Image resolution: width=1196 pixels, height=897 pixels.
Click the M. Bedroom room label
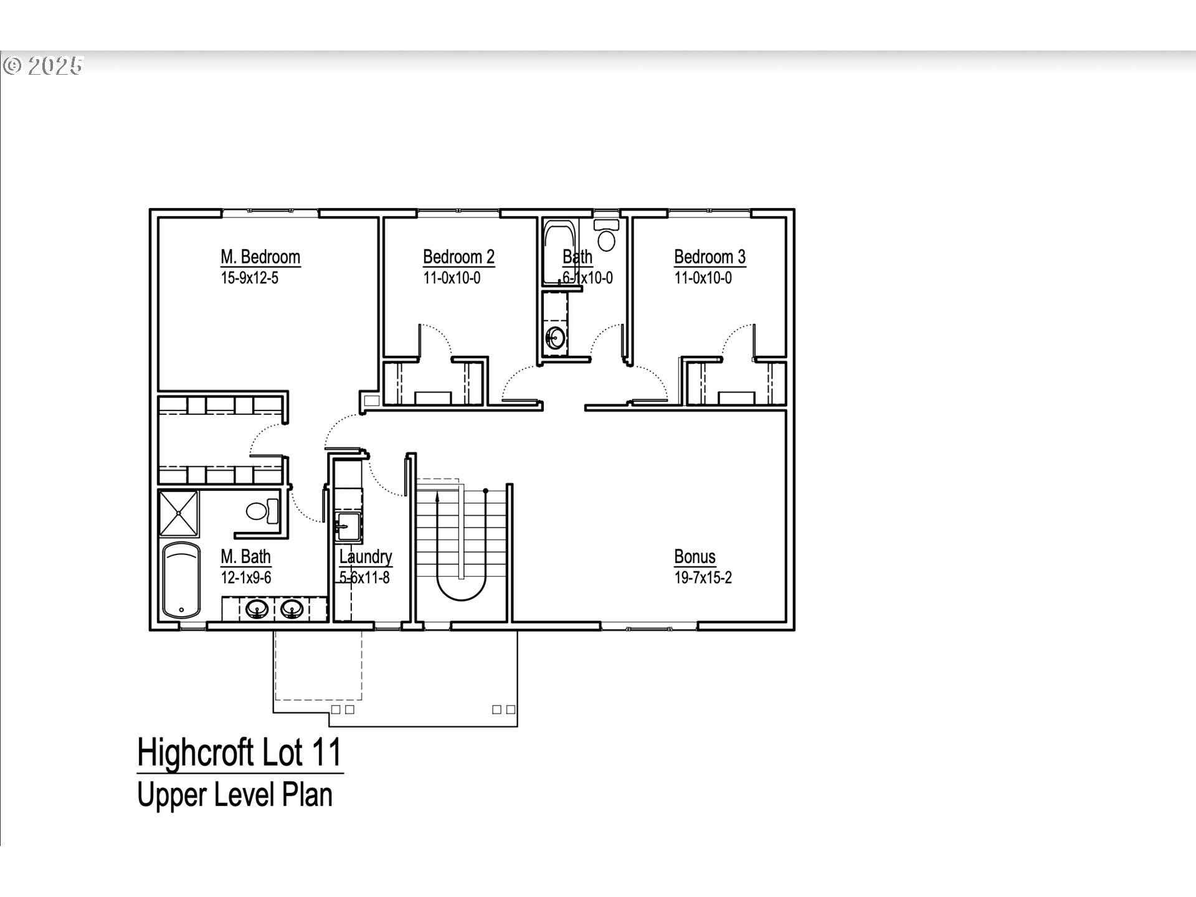[x=260, y=257]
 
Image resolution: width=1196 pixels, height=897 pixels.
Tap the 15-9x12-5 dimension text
[x=249, y=278]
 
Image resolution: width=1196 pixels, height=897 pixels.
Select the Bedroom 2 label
[x=458, y=257]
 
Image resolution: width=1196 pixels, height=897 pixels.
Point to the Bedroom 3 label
[x=710, y=257]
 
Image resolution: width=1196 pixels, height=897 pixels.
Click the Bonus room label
[x=695, y=557]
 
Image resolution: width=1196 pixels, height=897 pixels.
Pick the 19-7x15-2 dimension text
[x=703, y=578]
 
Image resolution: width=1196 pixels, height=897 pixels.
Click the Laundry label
[x=366, y=557]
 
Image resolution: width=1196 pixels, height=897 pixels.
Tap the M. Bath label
[x=245, y=557]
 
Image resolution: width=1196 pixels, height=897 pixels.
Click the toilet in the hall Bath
[x=606, y=237]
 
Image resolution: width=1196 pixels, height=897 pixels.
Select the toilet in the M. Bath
[x=262, y=511]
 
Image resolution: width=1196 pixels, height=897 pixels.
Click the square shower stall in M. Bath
[x=179, y=513]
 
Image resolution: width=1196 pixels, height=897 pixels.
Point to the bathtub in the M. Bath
[x=181, y=580]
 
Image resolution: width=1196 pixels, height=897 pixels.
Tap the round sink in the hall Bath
[x=555, y=339]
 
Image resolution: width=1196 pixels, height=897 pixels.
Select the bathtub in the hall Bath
[x=559, y=249]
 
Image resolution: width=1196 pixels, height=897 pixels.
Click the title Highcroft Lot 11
[x=240, y=752]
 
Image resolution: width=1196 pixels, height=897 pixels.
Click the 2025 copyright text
[x=44, y=65]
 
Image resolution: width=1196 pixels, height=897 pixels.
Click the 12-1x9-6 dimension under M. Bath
[x=245, y=578]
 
